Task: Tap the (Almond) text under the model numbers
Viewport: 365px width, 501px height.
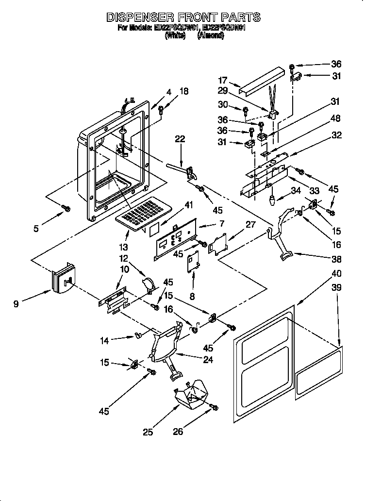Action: click(211, 35)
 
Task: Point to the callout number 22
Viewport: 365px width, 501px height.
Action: click(180, 139)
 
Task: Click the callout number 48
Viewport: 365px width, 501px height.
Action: click(335, 118)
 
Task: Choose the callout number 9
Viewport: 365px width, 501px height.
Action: click(17, 304)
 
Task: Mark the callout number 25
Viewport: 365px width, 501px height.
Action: click(148, 431)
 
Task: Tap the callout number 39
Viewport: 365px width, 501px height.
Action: click(336, 288)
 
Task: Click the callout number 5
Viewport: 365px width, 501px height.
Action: click(36, 228)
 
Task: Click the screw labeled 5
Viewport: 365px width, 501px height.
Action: click(67, 208)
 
